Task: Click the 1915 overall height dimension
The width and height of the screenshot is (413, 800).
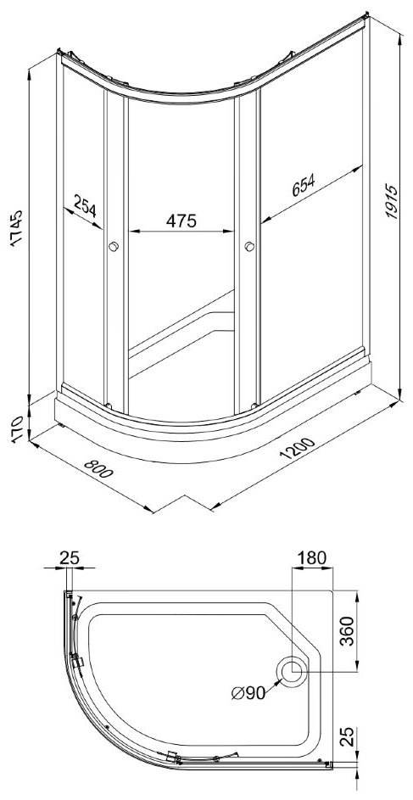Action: (x=391, y=202)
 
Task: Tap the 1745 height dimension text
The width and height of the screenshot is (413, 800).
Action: (x=17, y=227)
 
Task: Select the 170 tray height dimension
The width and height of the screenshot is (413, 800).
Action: (x=17, y=429)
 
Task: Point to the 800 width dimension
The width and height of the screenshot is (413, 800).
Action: (x=98, y=469)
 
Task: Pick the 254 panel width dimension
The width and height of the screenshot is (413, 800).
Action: (x=85, y=204)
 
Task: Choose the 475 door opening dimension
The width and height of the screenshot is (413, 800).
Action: (x=181, y=221)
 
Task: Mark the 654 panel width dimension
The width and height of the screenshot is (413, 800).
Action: (x=304, y=186)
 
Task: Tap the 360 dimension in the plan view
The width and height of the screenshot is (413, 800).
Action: (x=347, y=630)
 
